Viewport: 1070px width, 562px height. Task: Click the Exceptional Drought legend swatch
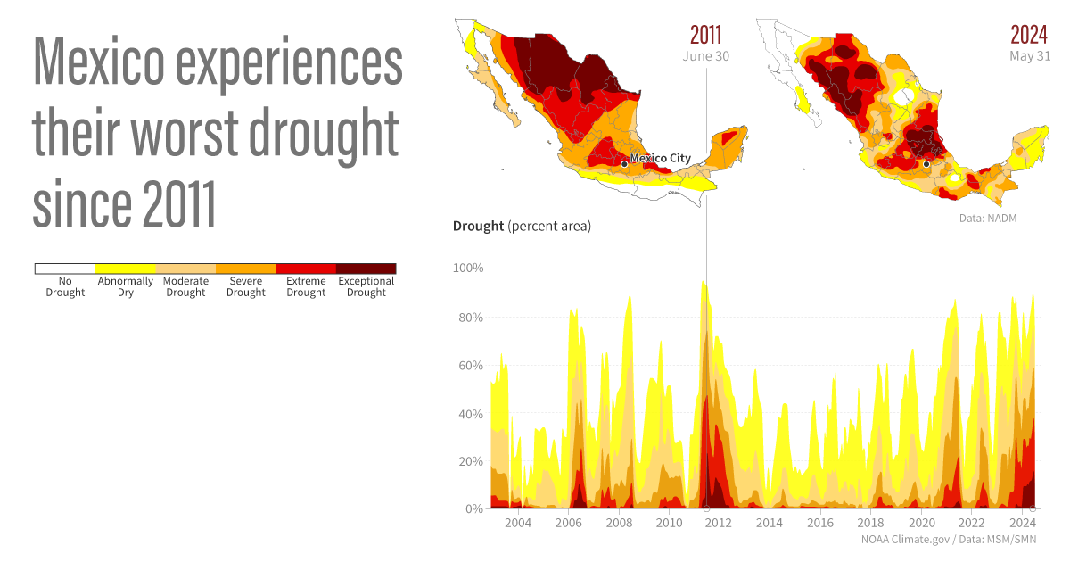[366, 269]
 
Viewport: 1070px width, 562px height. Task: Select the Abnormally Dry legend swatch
[125, 269]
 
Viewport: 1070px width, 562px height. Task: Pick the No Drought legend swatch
[65, 269]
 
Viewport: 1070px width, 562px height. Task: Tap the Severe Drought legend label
[245, 287]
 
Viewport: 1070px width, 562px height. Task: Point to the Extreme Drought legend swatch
[306, 269]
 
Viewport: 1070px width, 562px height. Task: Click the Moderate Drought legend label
[185, 287]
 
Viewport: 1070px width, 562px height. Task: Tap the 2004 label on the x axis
[518, 523]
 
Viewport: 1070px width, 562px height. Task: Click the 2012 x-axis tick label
[719, 523]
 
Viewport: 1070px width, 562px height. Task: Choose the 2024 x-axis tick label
[1022, 523]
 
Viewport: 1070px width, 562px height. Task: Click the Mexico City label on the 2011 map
[660, 159]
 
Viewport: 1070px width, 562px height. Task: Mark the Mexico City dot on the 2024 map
[927, 164]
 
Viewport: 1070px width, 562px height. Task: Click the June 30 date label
[705, 56]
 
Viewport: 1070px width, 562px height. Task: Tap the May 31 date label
[1030, 56]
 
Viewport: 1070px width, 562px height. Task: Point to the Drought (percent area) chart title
[522, 227]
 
